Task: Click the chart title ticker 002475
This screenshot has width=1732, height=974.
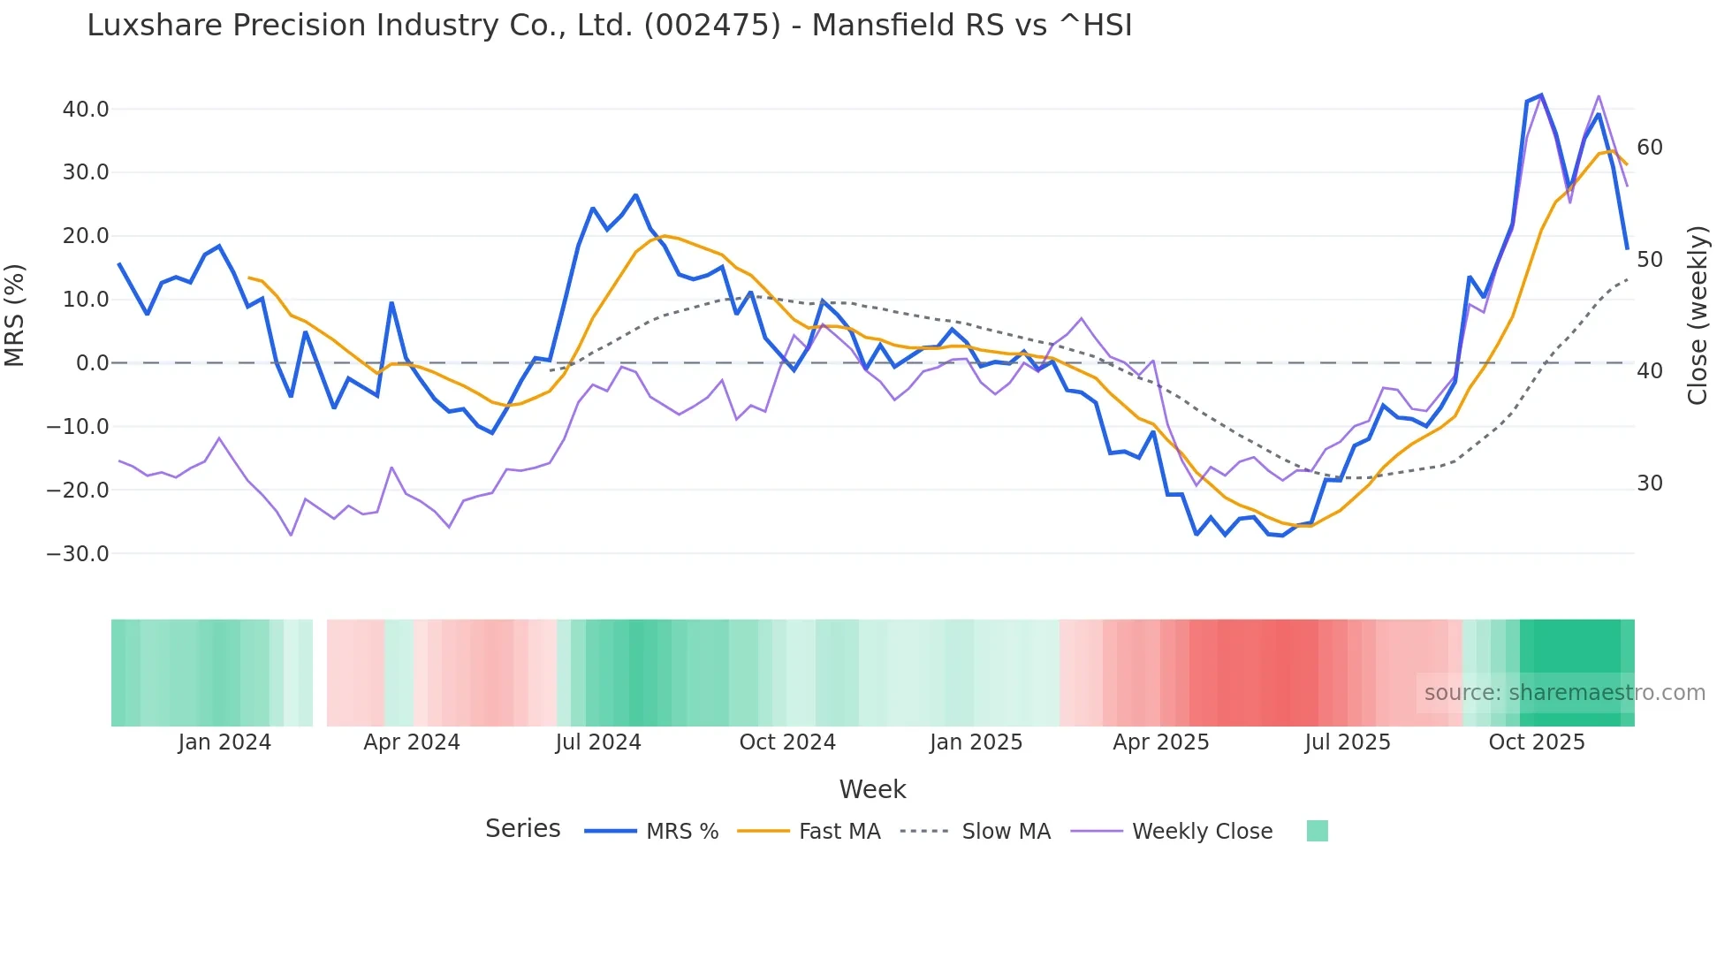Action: tap(712, 26)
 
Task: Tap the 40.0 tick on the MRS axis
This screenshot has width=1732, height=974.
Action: tap(86, 110)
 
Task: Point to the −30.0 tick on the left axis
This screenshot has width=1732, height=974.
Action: tap(78, 554)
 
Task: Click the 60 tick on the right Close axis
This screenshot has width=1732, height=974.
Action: tap(1650, 148)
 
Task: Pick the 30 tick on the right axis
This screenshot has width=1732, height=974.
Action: tap(1650, 483)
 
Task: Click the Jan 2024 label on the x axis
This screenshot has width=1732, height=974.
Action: tap(224, 742)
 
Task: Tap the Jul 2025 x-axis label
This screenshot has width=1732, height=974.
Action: tap(1348, 742)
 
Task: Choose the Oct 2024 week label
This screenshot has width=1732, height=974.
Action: tap(787, 742)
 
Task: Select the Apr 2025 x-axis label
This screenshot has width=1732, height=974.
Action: tap(1161, 742)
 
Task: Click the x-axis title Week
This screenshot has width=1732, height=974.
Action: tap(872, 789)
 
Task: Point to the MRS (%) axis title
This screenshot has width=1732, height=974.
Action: tap(15, 316)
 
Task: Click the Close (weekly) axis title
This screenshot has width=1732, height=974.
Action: tap(1698, 316)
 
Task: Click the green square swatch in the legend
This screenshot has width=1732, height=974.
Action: tap(1317, 831)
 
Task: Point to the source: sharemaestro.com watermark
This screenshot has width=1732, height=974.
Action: tap(1564, 693)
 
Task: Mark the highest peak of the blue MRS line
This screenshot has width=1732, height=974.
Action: tap(1541, 95)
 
